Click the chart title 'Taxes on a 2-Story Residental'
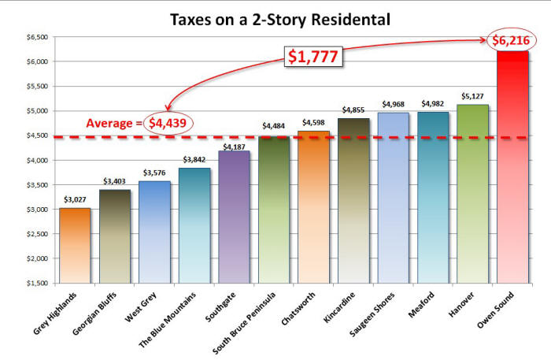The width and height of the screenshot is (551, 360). pyautogui.click(x=275, y=18)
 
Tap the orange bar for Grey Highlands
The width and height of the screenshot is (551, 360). pyautogui.click(x=74, y=245)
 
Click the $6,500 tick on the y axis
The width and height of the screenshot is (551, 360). pyautogui.click(x=36, y=37)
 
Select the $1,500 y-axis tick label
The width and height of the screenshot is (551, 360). pyautogui.click(x=36, y=283)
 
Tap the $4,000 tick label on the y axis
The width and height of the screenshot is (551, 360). pyautogui.click(x=36, y=160)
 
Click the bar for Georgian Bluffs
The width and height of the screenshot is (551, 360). pyautogui.click(x=114, y=236)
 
